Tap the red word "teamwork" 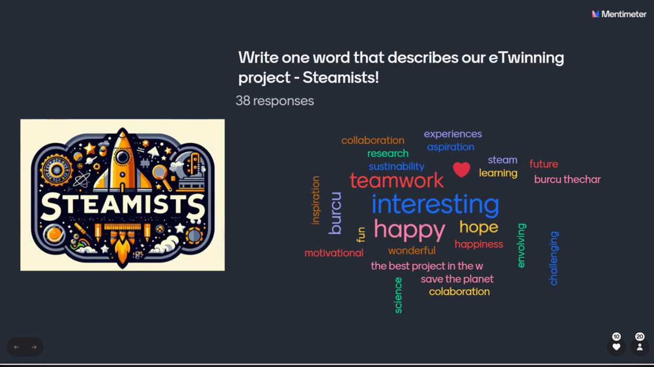[x=396, y=180]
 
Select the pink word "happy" [x=409, y=230]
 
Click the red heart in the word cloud [x=462, y=169]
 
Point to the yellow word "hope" [x=479, y=227]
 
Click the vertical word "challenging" [x=554, y=258]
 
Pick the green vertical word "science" [x=398, y=295]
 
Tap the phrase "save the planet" [x=457, y=279]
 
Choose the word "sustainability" [x=396, y=167]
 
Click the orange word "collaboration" [x=373, y=140]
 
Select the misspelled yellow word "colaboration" [x=459, y=292]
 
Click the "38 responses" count [x=275, y=101]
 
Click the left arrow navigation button [x=16, y=347]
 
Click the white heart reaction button [x=616, y=347]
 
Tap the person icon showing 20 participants [x=640, y=347]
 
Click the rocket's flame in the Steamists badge [x=123, y=251]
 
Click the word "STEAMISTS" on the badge [x=123, y=206]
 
